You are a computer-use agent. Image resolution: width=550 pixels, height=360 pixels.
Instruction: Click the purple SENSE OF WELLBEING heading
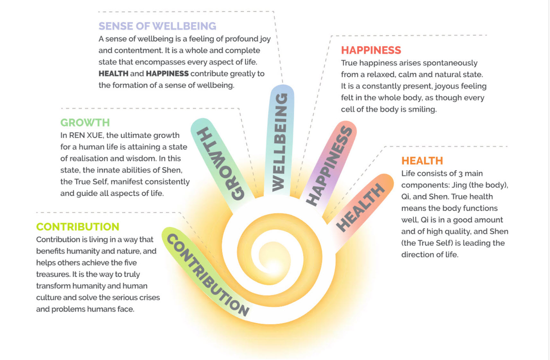(x=157, y=26)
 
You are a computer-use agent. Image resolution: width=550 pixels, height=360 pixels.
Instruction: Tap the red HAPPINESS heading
(x=371, y=50)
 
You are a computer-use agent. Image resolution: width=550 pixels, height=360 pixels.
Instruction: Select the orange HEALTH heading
(x=422, y=161)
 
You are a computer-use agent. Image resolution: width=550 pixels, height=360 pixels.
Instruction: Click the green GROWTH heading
(x=85, y=123)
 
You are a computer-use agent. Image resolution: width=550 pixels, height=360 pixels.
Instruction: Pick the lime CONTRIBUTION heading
(x=77, y=227)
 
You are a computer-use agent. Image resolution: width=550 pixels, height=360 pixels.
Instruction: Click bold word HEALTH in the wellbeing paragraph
(x=113, y=74)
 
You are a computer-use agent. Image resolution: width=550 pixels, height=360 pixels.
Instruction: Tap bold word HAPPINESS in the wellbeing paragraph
(x=167, y=74)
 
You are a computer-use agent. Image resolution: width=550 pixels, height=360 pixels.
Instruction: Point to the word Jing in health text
(x=459, y=185)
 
